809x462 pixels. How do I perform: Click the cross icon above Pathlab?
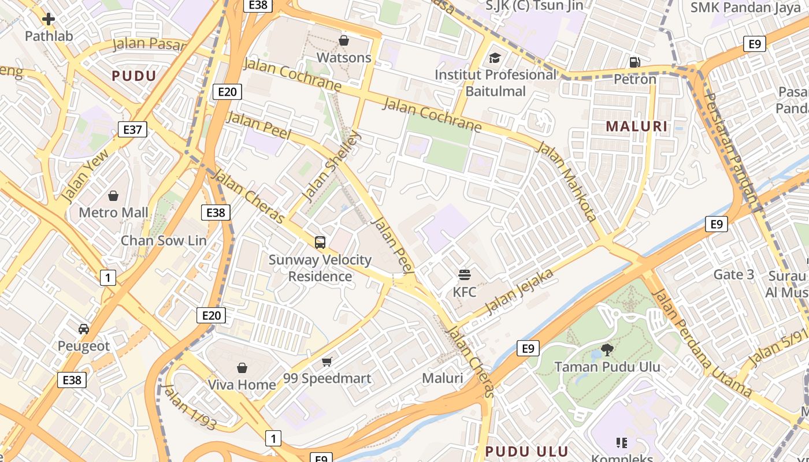pyautogui.click(x=49, y=19)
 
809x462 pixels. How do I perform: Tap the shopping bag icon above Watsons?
pyautogui.click(x=344, y=40)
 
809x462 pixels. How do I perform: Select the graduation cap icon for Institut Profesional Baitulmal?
pyautogui.click(x=495, y=58)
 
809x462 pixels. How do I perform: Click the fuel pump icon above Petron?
pyautogui.click(x=634, y=62)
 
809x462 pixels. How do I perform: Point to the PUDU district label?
pyautogui.click(x=134, y=76)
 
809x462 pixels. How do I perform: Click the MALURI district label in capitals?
pyautogui.click(x=636, y=126)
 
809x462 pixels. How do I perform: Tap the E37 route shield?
pyautogui.click(x=132, y=129)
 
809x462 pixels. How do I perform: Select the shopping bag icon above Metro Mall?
pyautogui.click(x=113, y=196)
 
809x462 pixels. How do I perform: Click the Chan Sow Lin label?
pyautogui.click(x=163, y=240)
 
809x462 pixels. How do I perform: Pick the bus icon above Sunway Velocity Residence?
pyautogui.click(x=320, y=243)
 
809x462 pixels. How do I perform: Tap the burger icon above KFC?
pyautogui.click(x=465, y=274)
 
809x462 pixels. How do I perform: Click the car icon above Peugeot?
pyautogui.click(x=84, y=329)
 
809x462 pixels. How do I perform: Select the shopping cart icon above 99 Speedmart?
pyautogui.click(x=327, y=362)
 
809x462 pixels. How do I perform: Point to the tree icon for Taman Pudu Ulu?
pyautogui.click(x=607, y=349)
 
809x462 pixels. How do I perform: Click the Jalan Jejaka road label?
pyautogui.click(x=519, y=291)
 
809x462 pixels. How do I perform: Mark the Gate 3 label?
pyautogui.click(x=734, y=274)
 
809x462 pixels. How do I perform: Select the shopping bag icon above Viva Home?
pyautogui.click(x=242, y=368)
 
